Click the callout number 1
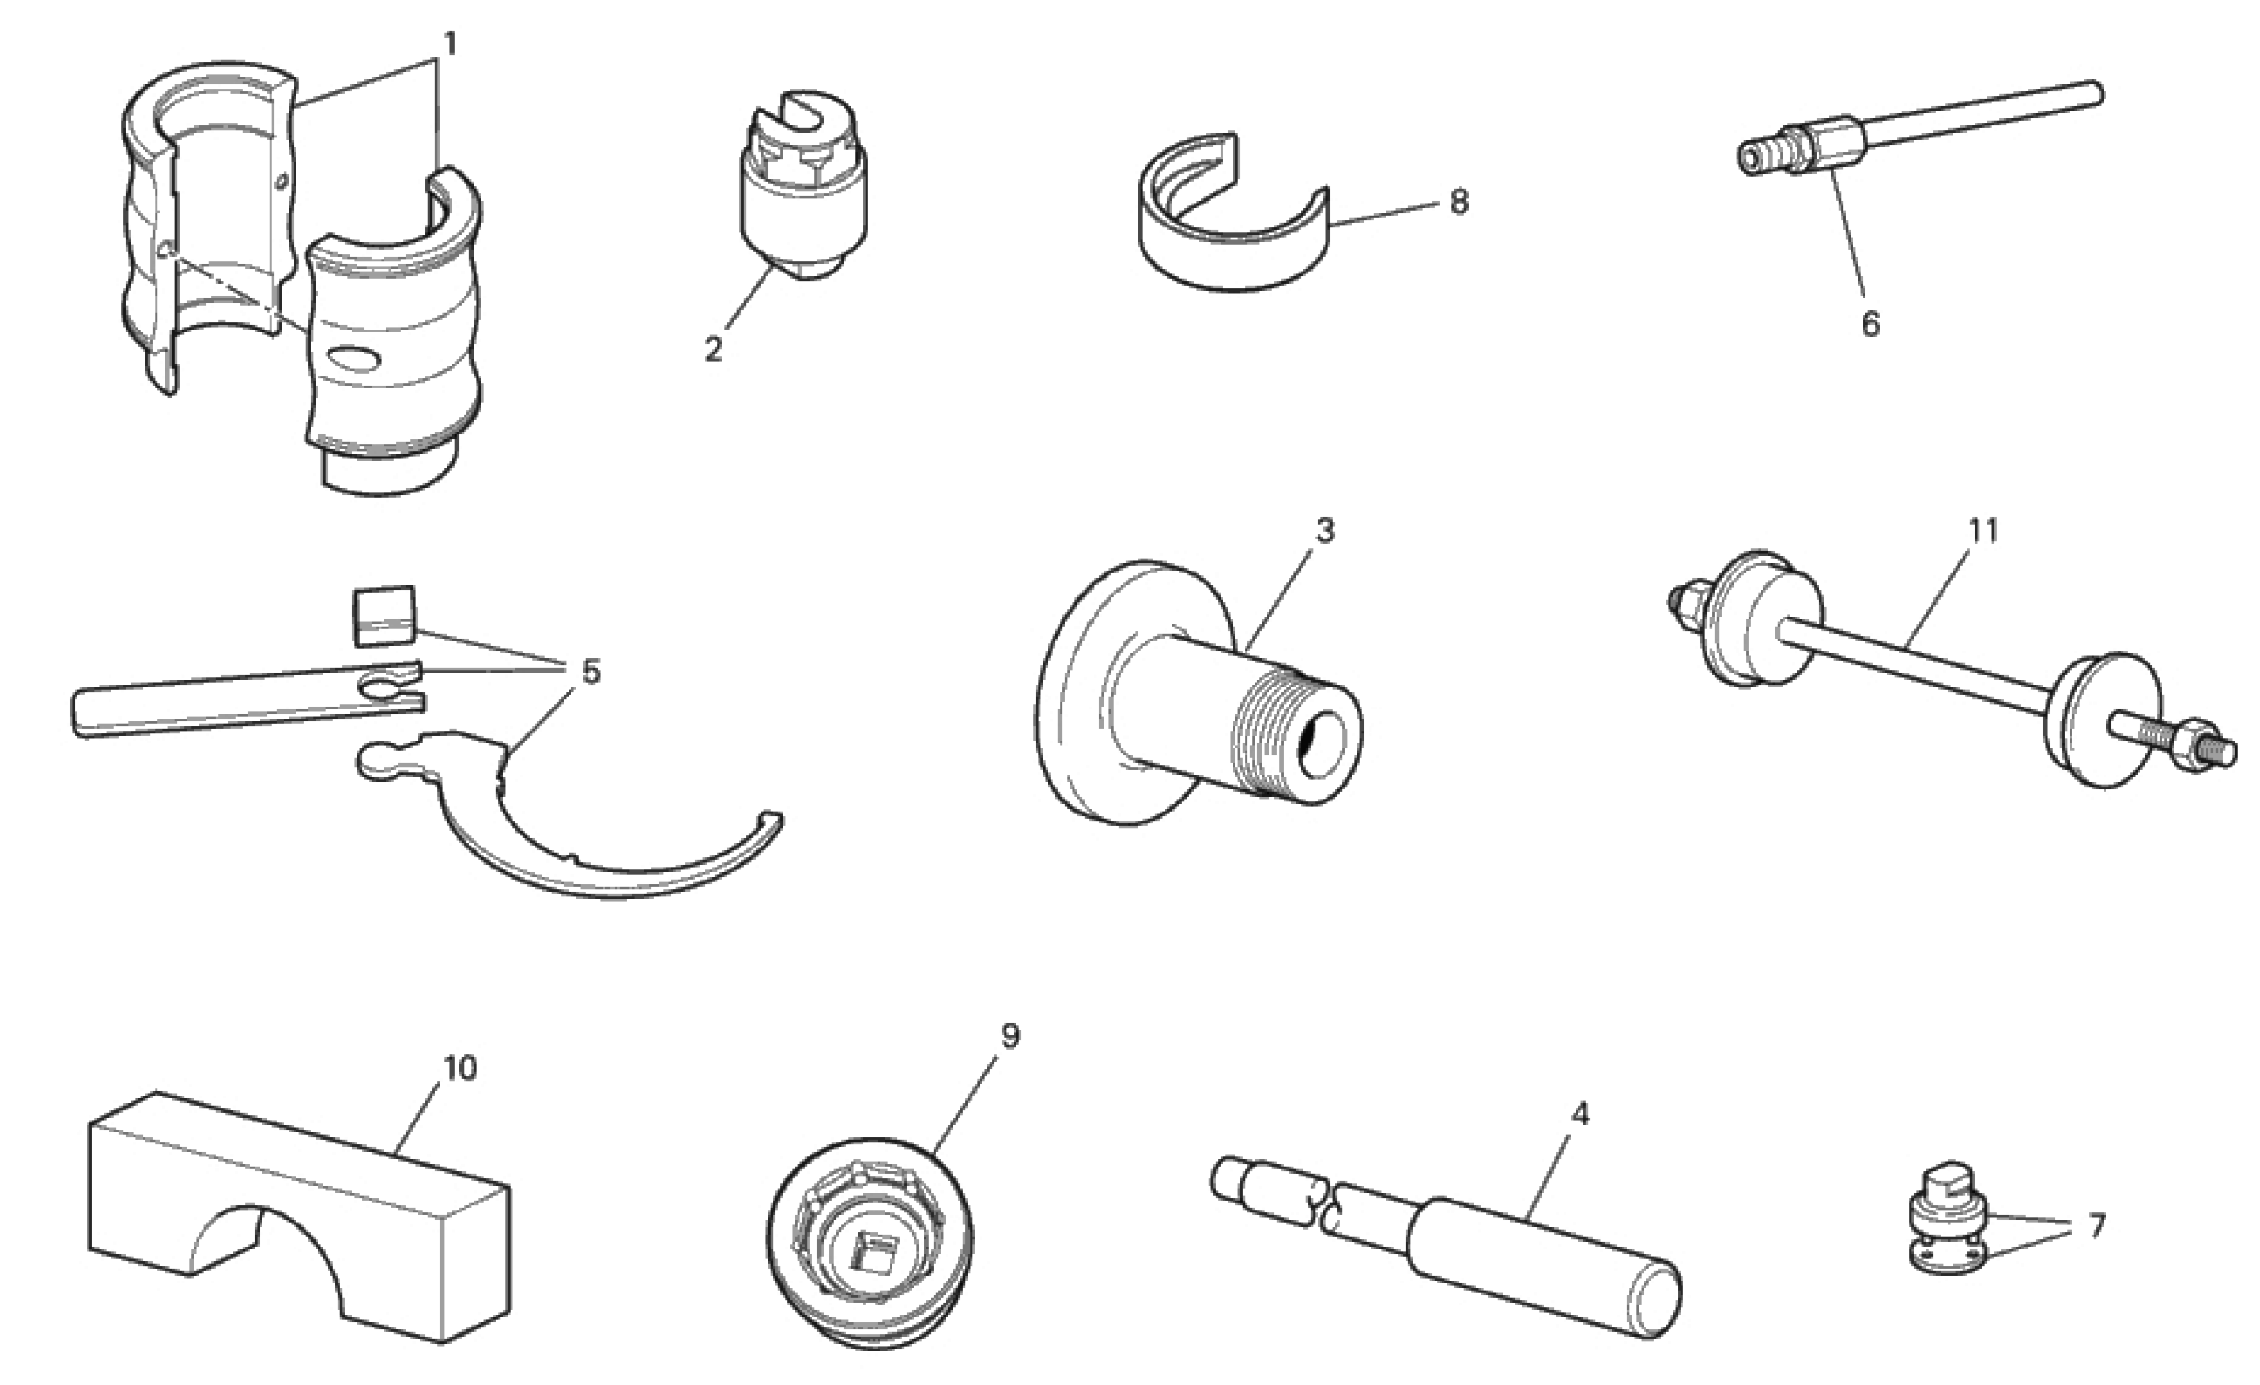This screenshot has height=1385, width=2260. tap(449, 43)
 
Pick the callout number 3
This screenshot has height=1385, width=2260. tap(1324, 530)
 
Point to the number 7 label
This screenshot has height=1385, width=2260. tap(2097, 1225)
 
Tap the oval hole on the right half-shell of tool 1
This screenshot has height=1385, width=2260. tap(358, 358)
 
